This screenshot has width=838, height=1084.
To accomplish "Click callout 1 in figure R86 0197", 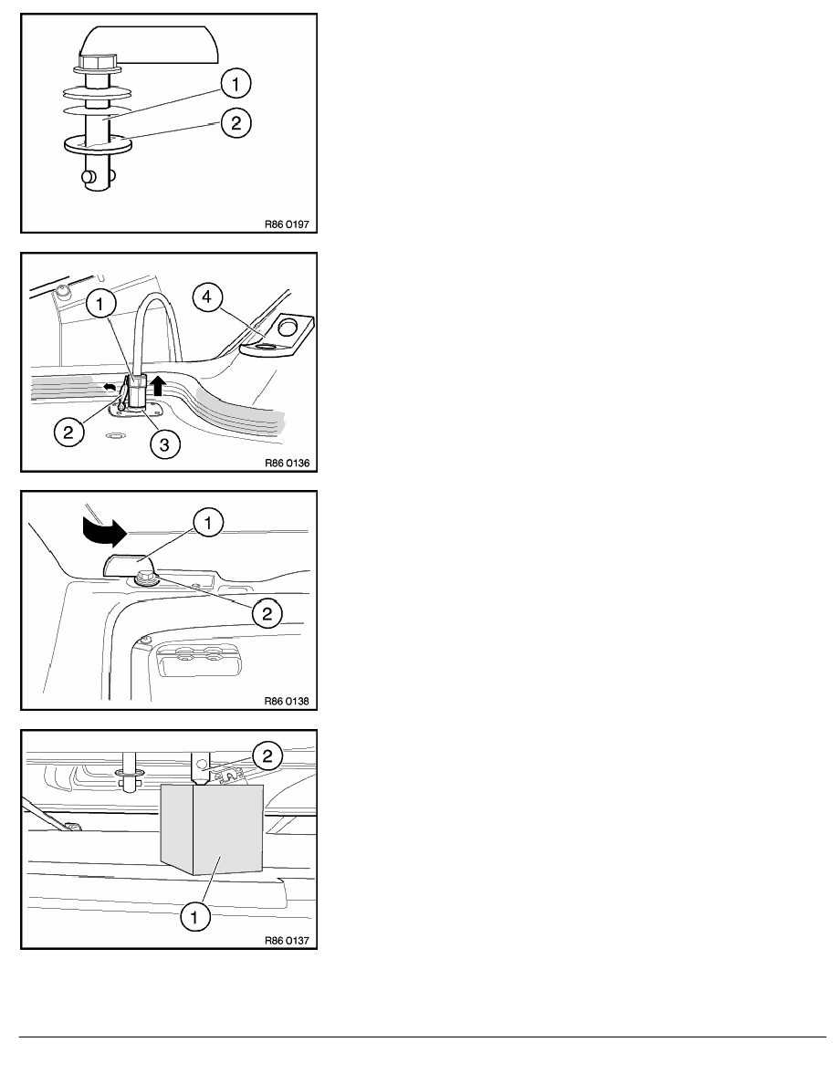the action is click(236, 84).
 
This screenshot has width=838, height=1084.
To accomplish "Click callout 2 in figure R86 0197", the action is click(236, 123).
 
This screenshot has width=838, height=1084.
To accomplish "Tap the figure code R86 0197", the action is click(287, 224).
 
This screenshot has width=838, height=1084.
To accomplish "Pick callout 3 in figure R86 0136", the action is click(164, 443).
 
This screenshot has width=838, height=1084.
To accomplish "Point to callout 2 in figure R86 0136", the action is click(68, 433).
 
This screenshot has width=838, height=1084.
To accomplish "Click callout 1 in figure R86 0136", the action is click(101, 304).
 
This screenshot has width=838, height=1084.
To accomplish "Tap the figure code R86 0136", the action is click(287, 464).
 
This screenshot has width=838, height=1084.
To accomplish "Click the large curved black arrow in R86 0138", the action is click(104, 530).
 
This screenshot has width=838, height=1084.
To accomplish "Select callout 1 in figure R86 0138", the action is click(208, 524).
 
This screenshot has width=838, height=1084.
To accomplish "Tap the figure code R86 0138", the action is click(287, 701).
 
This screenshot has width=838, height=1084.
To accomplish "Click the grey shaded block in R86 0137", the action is click(212, 829).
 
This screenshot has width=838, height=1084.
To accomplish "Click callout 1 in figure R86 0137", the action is click(194, 917).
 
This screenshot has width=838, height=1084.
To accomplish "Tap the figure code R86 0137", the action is click(287, 940).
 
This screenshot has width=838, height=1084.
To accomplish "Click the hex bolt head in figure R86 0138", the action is click(147, 575).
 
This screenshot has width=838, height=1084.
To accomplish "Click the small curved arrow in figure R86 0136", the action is click(110, 388).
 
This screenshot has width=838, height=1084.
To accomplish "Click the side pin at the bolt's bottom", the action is click(89, 176).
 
